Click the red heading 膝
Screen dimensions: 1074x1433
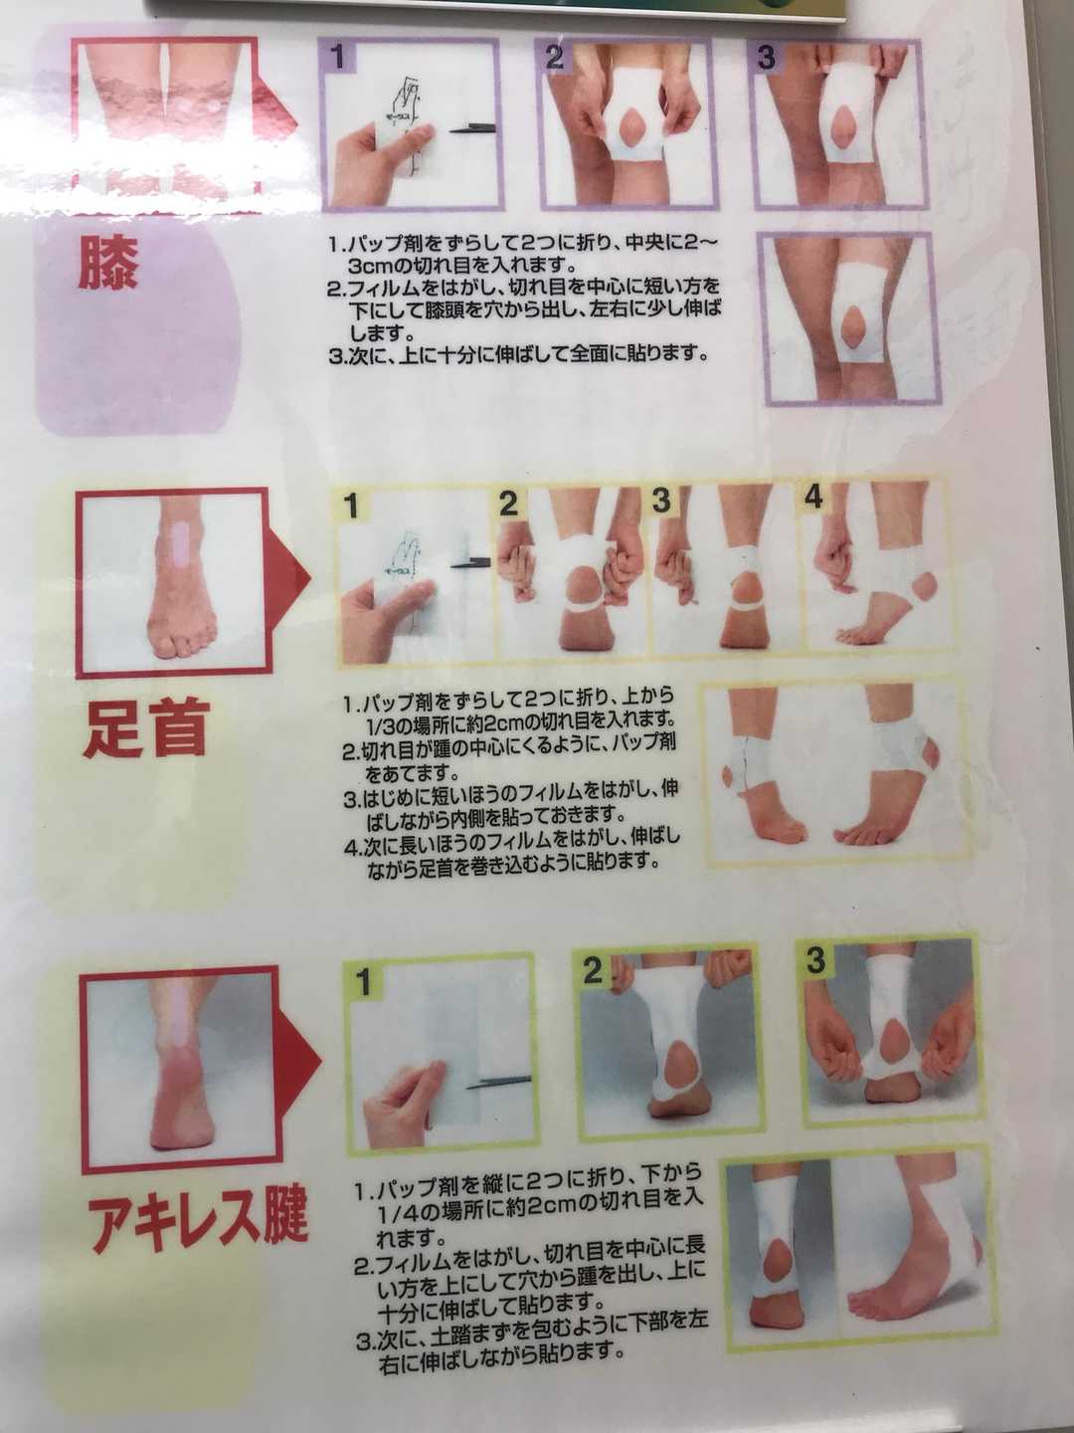[108, 263]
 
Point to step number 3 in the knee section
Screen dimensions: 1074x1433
[767, 57]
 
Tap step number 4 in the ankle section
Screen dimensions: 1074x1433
[813, 498]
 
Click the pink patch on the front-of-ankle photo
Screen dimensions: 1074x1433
[179, 546]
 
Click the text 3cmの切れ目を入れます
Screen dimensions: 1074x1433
[461, 266]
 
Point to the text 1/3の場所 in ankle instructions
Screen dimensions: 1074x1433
[408, 720]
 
